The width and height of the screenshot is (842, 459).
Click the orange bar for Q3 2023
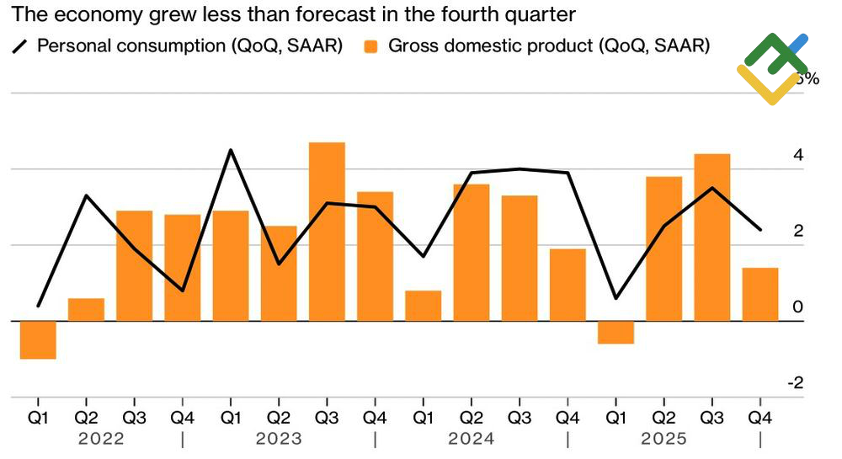(x=327, y=232)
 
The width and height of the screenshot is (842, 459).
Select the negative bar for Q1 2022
(x=38, y=340)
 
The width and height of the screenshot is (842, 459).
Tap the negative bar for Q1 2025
(x=616, y=333)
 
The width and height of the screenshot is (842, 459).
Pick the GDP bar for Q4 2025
(x=760, y=294)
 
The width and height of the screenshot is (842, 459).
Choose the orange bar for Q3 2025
(x=712, y=238)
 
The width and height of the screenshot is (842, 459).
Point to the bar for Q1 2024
(x=423, y=306)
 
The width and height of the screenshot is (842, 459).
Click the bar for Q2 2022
(x=86, y=310)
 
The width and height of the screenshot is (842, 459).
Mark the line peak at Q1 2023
(x=231, y=150)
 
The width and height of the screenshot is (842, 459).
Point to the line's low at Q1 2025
(x=616, y=298)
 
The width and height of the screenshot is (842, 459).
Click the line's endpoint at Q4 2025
(x=760, y=229)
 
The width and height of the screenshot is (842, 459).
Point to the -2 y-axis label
(x=794, y=383)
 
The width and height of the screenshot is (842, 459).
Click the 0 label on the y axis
(x=797, y=307)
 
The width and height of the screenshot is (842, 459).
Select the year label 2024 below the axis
(x=472, y=439)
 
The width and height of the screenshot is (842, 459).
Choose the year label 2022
(x=101, y=439)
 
